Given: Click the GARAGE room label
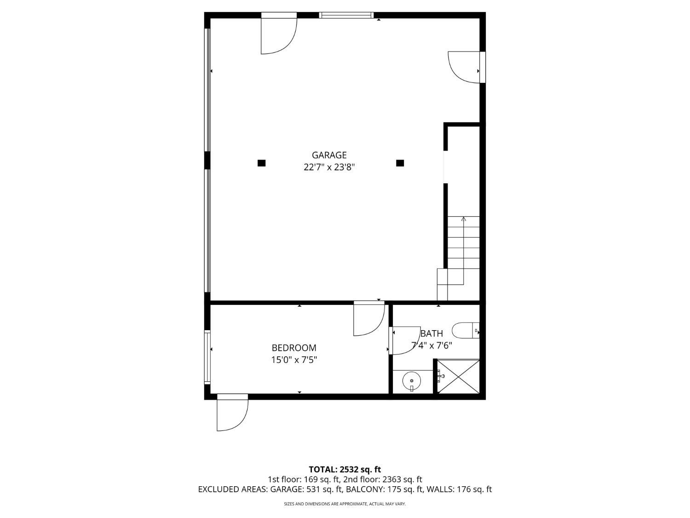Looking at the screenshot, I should coord(329,155).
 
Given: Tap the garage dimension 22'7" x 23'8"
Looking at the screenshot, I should coord(329,167).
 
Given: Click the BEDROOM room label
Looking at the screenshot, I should coord(294,348).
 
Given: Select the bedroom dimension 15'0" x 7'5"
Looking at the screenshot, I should coord(294,360).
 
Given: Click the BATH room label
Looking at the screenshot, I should coord(431,333).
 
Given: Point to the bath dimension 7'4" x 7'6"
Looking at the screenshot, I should coord(431,345).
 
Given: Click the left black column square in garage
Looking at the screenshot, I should coord(261,163).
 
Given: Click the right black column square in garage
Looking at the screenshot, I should coord(400,163).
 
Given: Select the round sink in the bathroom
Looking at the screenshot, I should coord(412,381).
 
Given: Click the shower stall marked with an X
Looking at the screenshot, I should coord(458,377).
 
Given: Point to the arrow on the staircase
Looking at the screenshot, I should coord(463,220).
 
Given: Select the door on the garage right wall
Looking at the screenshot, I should coord(465,67).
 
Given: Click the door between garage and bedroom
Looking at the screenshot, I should coord(368,319).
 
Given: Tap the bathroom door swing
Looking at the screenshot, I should coord(404,341).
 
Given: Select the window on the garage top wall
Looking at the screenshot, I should coord(346,15).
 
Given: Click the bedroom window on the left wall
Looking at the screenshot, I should coord(207,357).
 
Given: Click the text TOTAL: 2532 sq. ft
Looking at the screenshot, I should coord(345,470).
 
